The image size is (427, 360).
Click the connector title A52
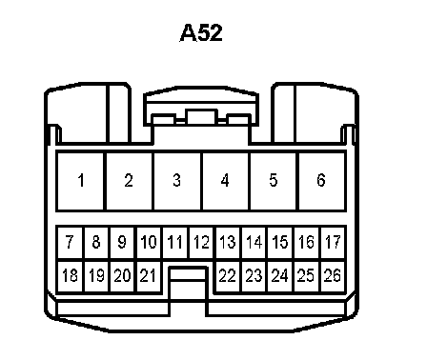click(x=201, y=32)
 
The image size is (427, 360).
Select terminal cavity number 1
click(x=80, y=181)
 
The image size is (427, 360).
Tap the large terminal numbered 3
click(x=177, y=181)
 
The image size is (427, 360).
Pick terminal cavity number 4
click(x=225, y=181)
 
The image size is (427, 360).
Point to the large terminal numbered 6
click(x=322, y=181)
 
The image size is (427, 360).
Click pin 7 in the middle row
click(x=71, y=243)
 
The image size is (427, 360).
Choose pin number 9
click(x=122, y=243)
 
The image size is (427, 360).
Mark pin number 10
click(x=149, y=243)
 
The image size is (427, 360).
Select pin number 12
click(x=202, y=243)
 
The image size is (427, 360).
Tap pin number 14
click(x=254, y=243)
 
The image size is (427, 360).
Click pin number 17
click(x=334, y=243)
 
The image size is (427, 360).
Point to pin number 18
click(x=71, y=276)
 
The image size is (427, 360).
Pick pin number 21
click(x=149, y=276)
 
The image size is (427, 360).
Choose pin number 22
click(x=228, y=276)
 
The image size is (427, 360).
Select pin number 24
click(x=280, y=276)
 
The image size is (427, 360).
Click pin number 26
click(x=334, y=276)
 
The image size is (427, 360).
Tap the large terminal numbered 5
click(x=274, y=181)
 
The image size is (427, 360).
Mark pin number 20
click(x=122, y=276)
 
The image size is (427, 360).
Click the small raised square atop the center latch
click(x=202, y=116)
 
